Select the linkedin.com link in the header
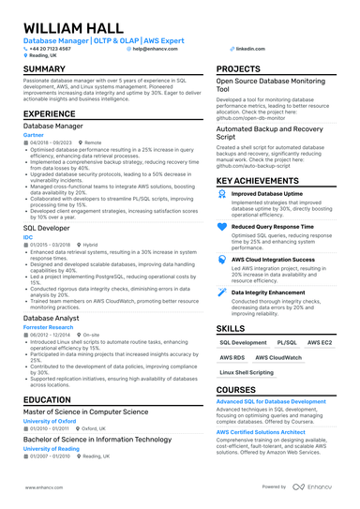250,48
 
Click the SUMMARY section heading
44,70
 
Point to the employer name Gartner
34,134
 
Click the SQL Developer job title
47,228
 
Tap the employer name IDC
28,238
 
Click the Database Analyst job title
52,318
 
